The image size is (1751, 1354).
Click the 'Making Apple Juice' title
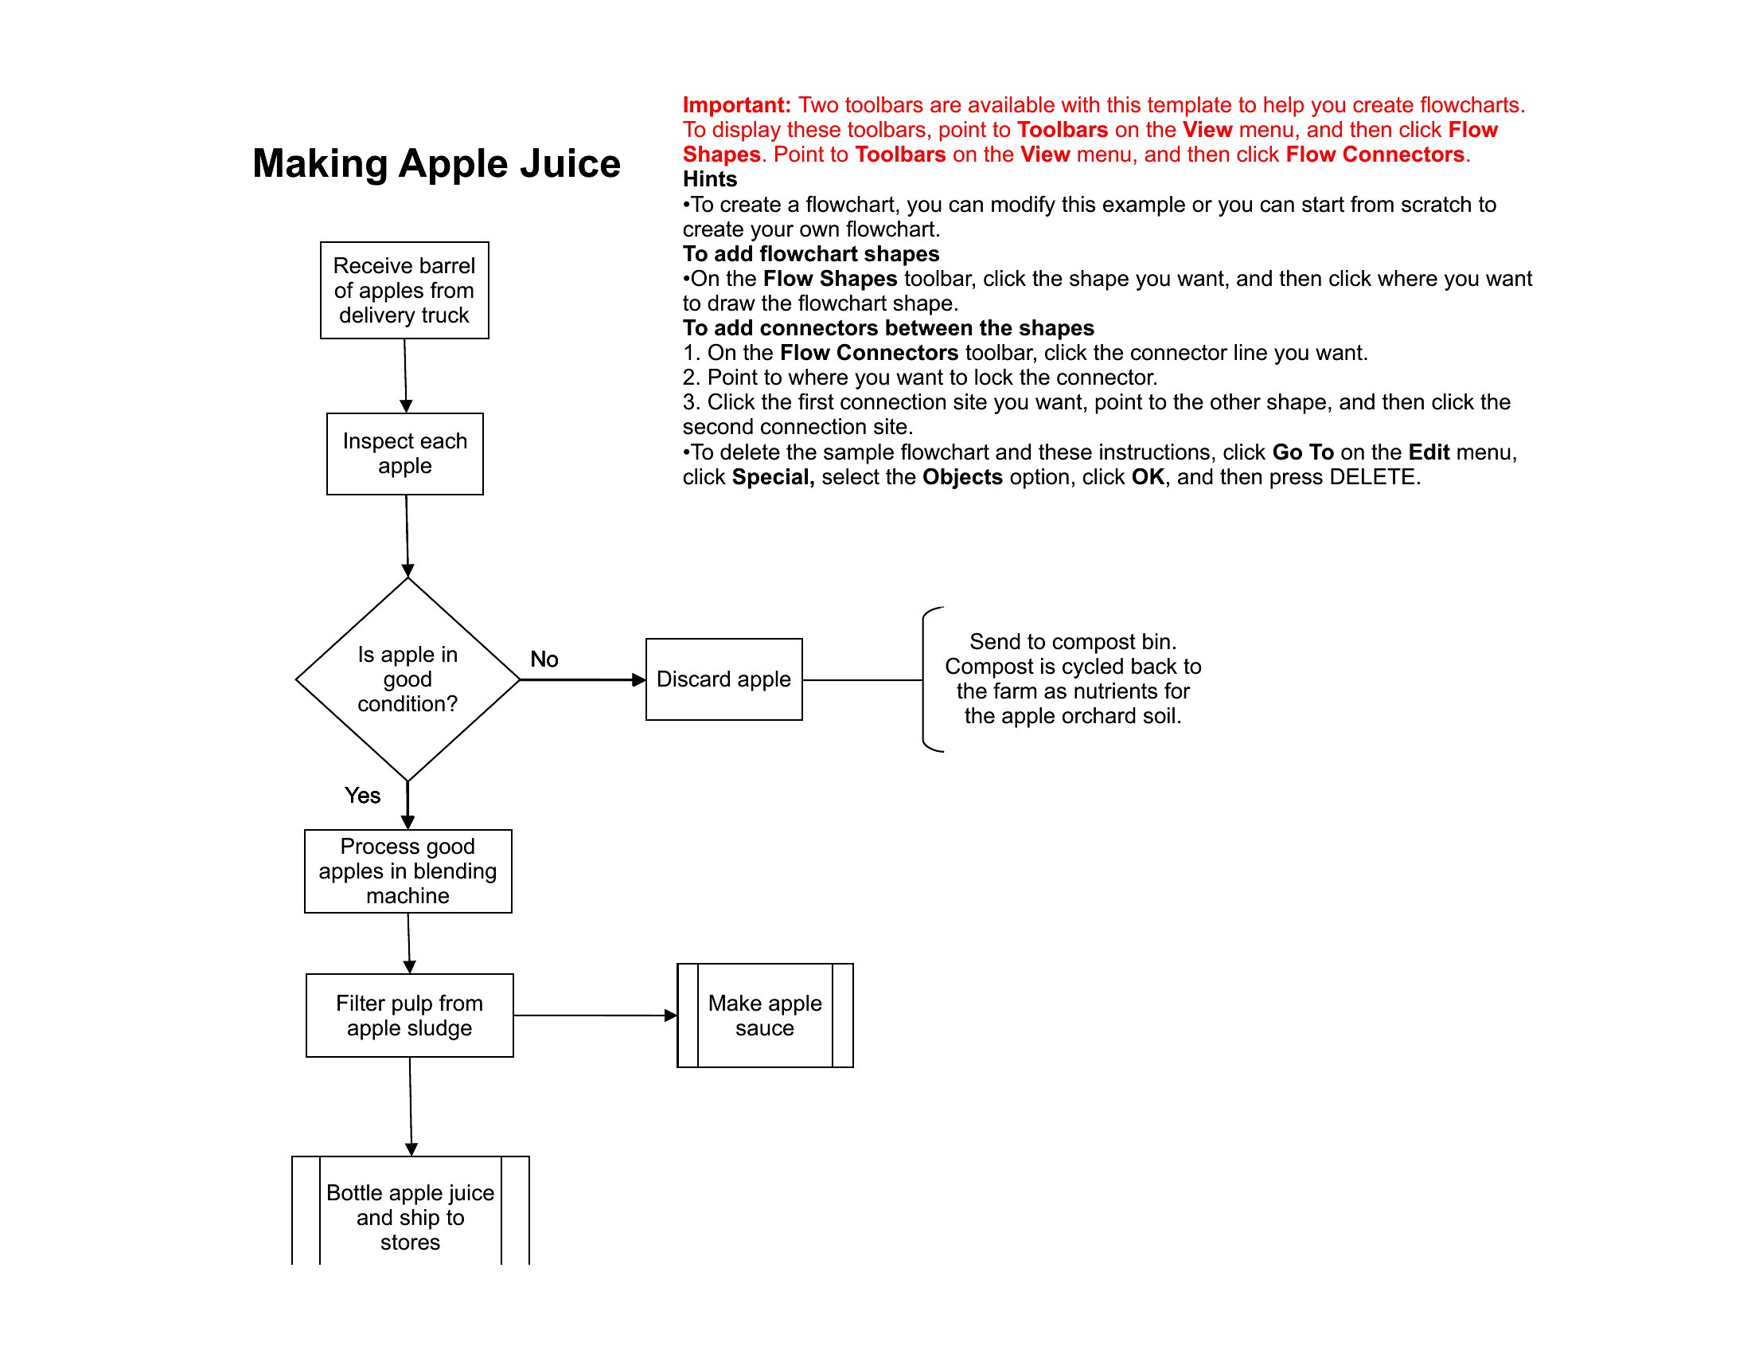436,164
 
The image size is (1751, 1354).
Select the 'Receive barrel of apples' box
404,291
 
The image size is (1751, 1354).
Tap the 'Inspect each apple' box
405,454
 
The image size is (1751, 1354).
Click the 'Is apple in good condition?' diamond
408,679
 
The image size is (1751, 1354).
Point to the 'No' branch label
544,659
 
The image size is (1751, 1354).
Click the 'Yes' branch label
362,796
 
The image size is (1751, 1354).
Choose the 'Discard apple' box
724,679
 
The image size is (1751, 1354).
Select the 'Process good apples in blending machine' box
408,871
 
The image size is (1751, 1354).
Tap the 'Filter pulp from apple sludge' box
410,1015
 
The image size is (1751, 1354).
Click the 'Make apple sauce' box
765,1015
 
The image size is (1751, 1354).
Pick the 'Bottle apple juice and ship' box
411,1211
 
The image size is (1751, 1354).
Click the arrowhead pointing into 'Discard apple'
639,680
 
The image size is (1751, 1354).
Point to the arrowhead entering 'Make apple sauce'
671,1015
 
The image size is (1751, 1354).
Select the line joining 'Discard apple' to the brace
863,680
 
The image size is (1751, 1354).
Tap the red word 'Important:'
737,105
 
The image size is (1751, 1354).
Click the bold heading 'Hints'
709,179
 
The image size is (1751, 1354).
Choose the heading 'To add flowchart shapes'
810,253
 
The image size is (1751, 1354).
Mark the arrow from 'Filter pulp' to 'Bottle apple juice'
411,1107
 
